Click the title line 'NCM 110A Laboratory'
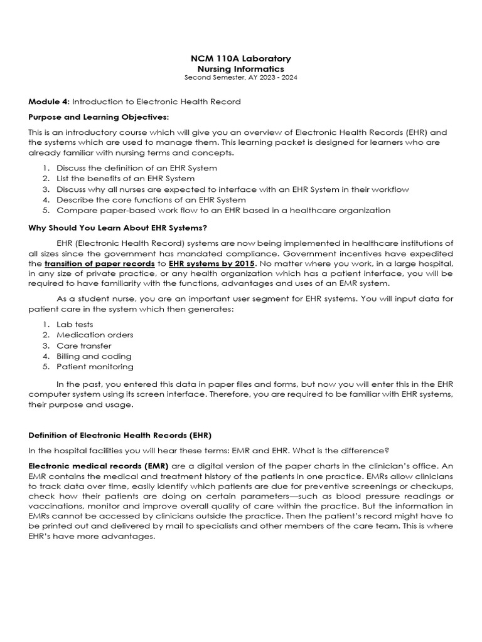pyautogui.click(x=241, y=58)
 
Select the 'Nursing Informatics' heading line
pyautogui.click(x=241, y=69)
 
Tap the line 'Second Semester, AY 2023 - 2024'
pyautogui.click(x=241, y=78)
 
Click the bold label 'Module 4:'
pyautogui.click(x=50, y=102)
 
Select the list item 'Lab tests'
pyautogui.click(x=75, y=324)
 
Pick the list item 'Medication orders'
pyautogui.click(x=95, y=335)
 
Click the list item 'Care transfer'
pyautogui.click(x=84, y=345)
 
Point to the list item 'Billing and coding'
pyautogui.click(x=94, y=356)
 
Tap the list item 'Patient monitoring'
pyautogui.click(x=95, y=367)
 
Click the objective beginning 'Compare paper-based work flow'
pyautogui.click(x=223, y=210)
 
